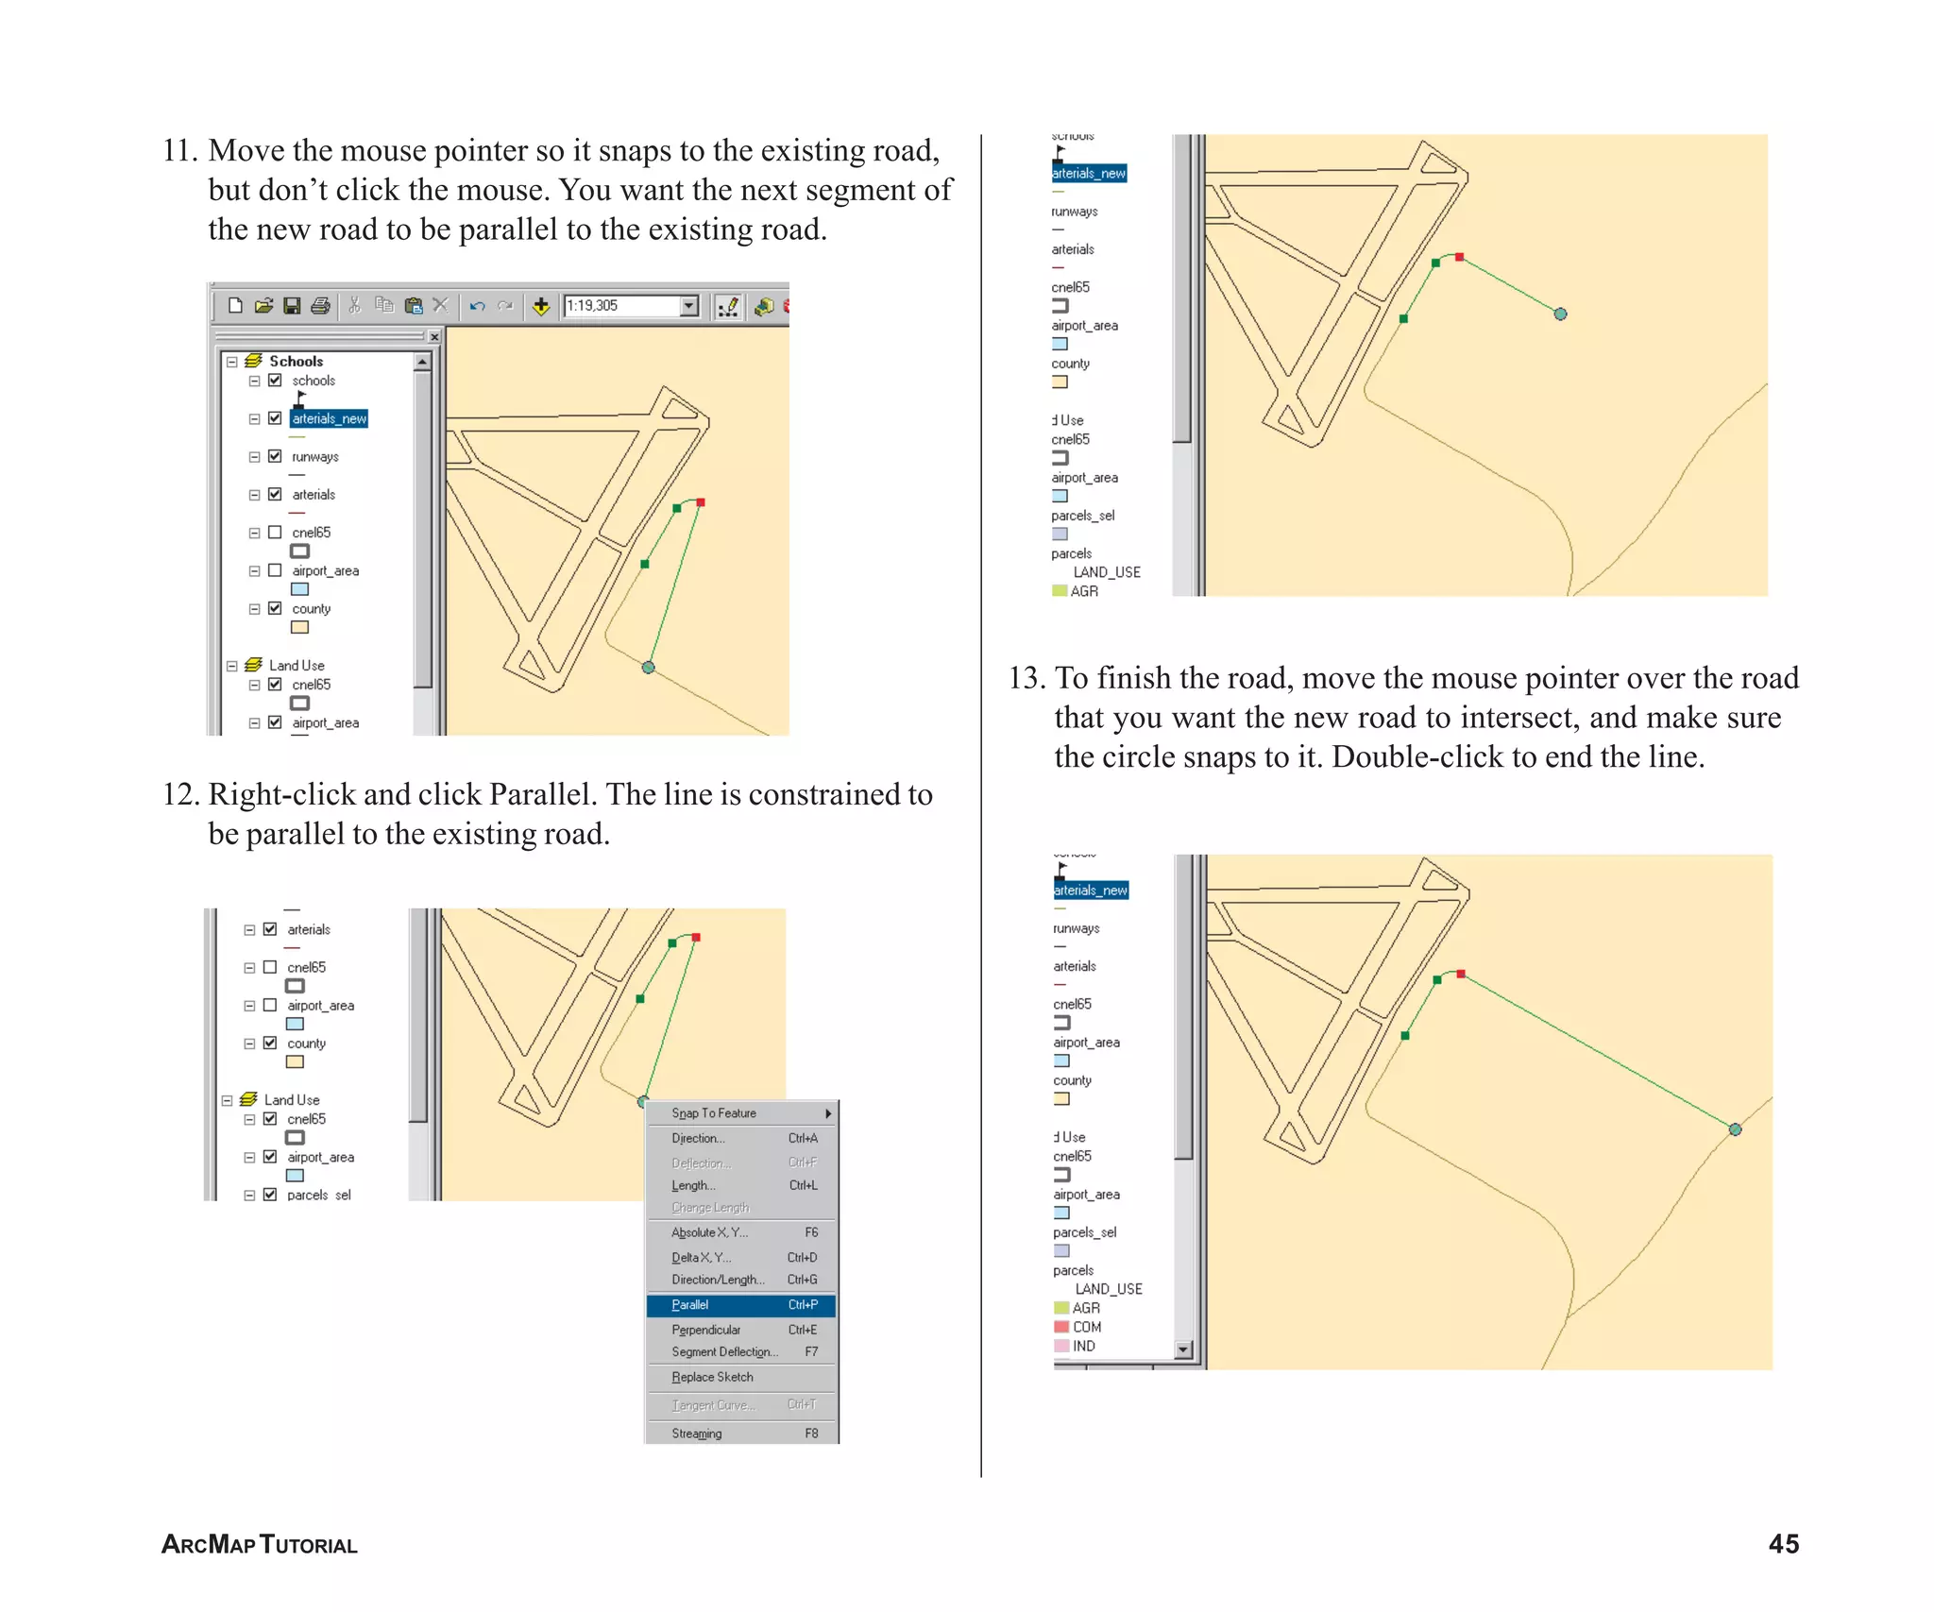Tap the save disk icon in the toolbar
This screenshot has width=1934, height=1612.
292,306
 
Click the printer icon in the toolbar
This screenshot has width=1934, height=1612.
321,306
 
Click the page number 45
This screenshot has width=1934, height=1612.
1783,1544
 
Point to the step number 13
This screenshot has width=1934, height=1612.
1026,678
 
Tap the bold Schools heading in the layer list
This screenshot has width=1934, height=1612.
296,361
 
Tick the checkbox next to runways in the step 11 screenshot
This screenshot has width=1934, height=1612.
275,456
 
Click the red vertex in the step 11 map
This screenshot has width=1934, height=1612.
701,502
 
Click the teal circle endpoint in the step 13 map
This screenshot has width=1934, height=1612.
1735,1129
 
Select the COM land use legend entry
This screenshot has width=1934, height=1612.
1086,1327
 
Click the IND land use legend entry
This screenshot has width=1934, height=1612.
1083,1346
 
